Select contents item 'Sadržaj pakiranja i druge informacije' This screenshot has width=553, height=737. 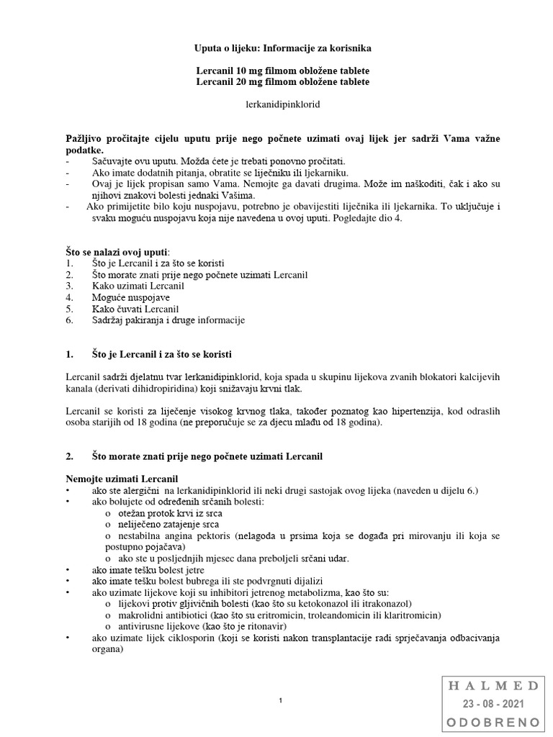168,320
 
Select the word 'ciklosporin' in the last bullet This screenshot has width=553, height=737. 186,638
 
